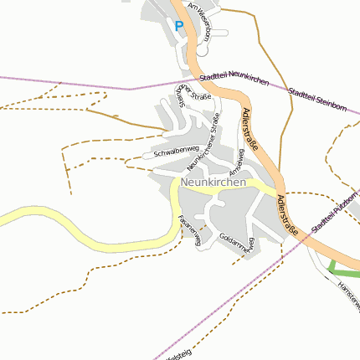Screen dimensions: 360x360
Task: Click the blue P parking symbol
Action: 178,25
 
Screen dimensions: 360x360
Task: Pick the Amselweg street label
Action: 236,162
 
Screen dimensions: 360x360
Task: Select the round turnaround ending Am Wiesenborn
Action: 201,50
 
